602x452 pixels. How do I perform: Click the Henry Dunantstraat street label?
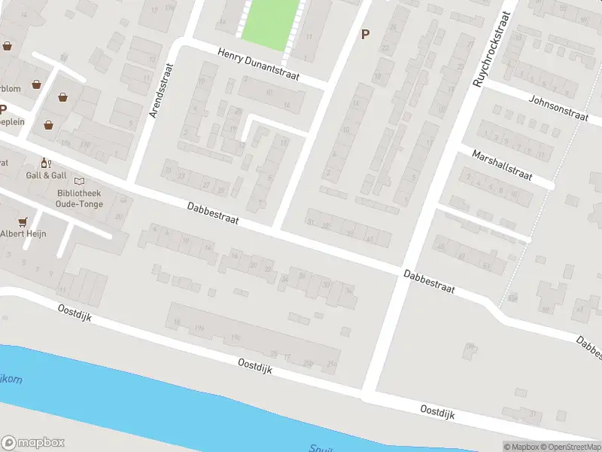point(258,65)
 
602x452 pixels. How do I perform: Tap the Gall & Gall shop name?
point(46,176)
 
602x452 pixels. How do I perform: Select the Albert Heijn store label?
point(23,234)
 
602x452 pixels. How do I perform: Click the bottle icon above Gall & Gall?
point(45,162)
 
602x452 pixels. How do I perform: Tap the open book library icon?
point(80,181)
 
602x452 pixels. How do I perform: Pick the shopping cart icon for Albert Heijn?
point(23,221)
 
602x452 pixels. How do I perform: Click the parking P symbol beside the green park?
point(366,34)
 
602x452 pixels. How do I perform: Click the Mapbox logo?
point(33,443)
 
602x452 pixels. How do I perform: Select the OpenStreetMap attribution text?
point(569,447)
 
